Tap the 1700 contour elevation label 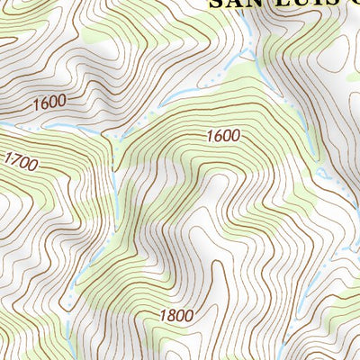19,162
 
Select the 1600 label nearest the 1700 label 49,103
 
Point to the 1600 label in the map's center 222,136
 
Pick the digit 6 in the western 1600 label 44,103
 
